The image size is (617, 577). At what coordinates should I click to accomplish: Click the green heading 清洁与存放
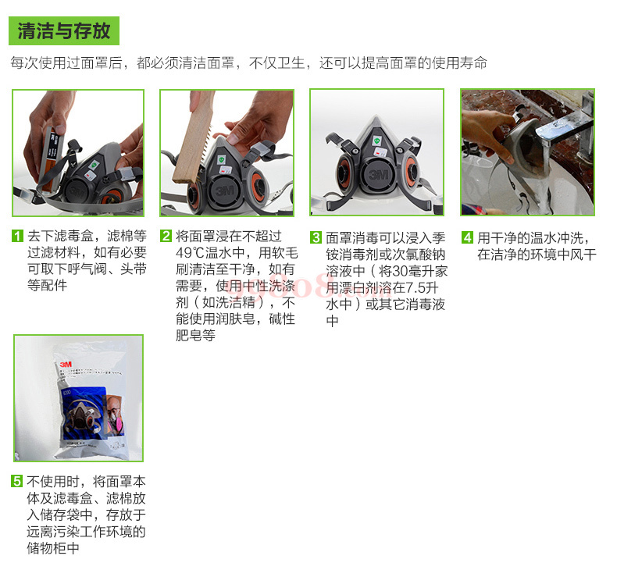[64, 30]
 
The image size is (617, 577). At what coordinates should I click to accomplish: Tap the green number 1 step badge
[17, 236]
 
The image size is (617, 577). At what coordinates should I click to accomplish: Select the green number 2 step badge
[166, 236]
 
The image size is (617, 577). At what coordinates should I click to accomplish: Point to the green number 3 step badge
[316, 237]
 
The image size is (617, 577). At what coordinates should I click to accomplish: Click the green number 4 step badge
[467, 237]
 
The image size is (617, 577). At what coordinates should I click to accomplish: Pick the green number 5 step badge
[17, 481]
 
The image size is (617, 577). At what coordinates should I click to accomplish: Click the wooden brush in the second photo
[194, 137]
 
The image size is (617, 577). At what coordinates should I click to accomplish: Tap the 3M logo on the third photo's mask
[378, 174]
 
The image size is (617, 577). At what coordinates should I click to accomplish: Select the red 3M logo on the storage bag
[66, 365]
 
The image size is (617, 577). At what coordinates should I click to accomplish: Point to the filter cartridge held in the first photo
[49, 156]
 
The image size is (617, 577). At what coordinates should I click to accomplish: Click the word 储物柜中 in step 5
[53, 548]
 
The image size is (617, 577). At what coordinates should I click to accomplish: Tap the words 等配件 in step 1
[47, 285]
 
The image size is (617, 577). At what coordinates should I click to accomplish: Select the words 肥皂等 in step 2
[195, 336]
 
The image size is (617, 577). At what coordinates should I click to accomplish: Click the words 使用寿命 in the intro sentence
[459, 63]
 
